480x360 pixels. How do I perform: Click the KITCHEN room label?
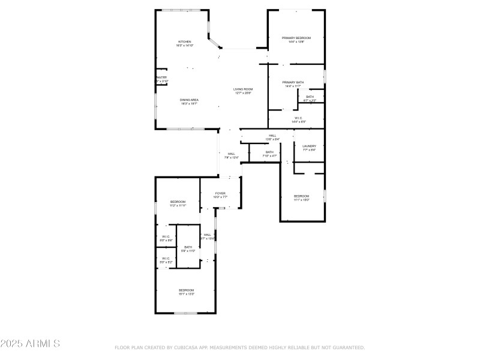(184, 42)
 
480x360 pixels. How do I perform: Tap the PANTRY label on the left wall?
(161, 77)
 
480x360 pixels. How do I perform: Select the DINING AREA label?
(189, 100)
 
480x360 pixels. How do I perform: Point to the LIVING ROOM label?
(243, 89)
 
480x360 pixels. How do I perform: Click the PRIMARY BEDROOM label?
(296, 38)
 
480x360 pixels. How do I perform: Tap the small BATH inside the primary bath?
(310, 97)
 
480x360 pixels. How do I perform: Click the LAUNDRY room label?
(309, 146)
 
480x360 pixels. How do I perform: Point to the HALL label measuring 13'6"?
(272, 136)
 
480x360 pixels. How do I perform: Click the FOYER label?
(220, 193)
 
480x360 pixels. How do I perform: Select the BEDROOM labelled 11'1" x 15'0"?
(301, 196)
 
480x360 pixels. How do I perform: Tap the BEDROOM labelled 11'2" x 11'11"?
(178, 202)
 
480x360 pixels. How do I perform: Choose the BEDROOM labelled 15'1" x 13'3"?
(186, 290)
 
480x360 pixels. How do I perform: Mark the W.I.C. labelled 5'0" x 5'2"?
(166, 259)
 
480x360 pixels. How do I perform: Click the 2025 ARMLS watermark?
(30, 344)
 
